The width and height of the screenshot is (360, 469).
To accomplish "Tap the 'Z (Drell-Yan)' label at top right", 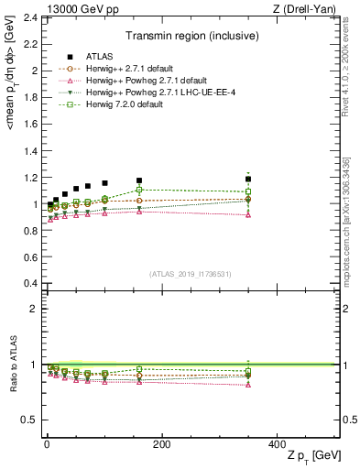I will pyautogui.click(x=307, y=8).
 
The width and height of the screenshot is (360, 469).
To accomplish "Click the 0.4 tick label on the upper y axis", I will pyautogui.click(x=30, y=283).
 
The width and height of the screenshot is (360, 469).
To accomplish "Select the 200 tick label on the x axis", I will pyautogui.click(x=162, y=443).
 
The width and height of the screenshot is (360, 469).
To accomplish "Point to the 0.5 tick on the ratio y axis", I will pyautogui.click(x=30, y=420).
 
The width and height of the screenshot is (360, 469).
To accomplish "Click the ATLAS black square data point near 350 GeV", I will pyautogui.click(x=248, y=180).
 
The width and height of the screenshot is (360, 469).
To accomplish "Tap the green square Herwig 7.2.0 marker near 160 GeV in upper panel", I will pyautogui.click(x=139, y=190).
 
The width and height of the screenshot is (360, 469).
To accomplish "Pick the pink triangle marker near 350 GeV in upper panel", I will pyautogui.click(x=248, y=214).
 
